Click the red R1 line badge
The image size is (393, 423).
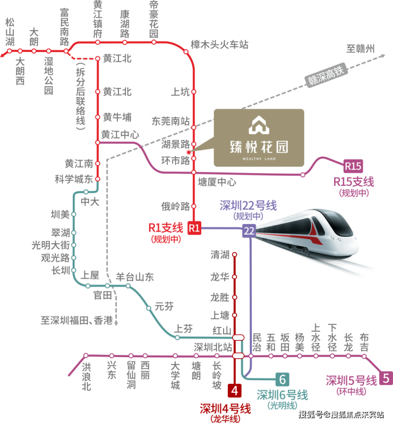point(194,228)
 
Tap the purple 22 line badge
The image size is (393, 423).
point(249,231)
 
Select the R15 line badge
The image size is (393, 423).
point(353,166)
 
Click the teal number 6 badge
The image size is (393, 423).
point(283,379)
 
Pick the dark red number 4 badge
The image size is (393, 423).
point(235,391)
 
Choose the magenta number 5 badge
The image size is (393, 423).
point(386,378)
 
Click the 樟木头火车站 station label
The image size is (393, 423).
point(219,45)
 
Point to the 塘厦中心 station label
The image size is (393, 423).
point(217,182)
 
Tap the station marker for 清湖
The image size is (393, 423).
point(235,254)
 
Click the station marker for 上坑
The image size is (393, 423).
point(194,92)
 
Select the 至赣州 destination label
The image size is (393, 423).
point(361,49)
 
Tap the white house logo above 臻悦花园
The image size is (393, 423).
point(259,125)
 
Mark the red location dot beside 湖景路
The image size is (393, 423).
point(189,152)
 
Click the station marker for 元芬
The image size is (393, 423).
point(149,308)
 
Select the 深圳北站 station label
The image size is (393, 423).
point(213,347)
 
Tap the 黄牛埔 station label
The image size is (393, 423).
point(117,117)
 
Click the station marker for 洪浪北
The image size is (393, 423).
point(86,355)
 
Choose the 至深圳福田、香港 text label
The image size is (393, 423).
point(76,321)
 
